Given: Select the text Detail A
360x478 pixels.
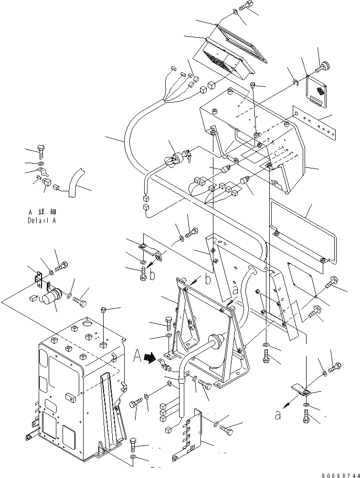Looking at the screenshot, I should click(42, 221).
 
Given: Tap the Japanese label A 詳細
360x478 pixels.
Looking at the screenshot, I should click(42, 211).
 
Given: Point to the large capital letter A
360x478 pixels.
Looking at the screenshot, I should click(137, 355).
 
